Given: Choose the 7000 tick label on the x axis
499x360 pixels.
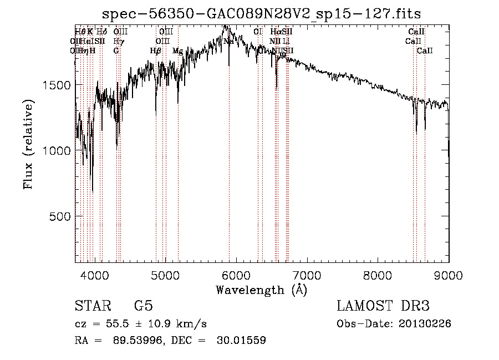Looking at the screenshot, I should click(307, 275).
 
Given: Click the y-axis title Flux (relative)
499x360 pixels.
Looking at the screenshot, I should click(28, 144).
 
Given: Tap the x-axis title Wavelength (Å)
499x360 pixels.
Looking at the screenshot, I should click(261, 290).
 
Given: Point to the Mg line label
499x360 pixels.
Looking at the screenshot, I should click(177, 50).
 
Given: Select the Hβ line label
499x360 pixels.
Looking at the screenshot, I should click(155, 50).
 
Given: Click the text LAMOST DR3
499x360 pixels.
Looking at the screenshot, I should click(383, 306).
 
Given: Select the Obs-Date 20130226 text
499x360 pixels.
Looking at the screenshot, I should click(394, 324).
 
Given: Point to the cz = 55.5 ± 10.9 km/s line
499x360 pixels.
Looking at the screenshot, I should click(141, 324).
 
